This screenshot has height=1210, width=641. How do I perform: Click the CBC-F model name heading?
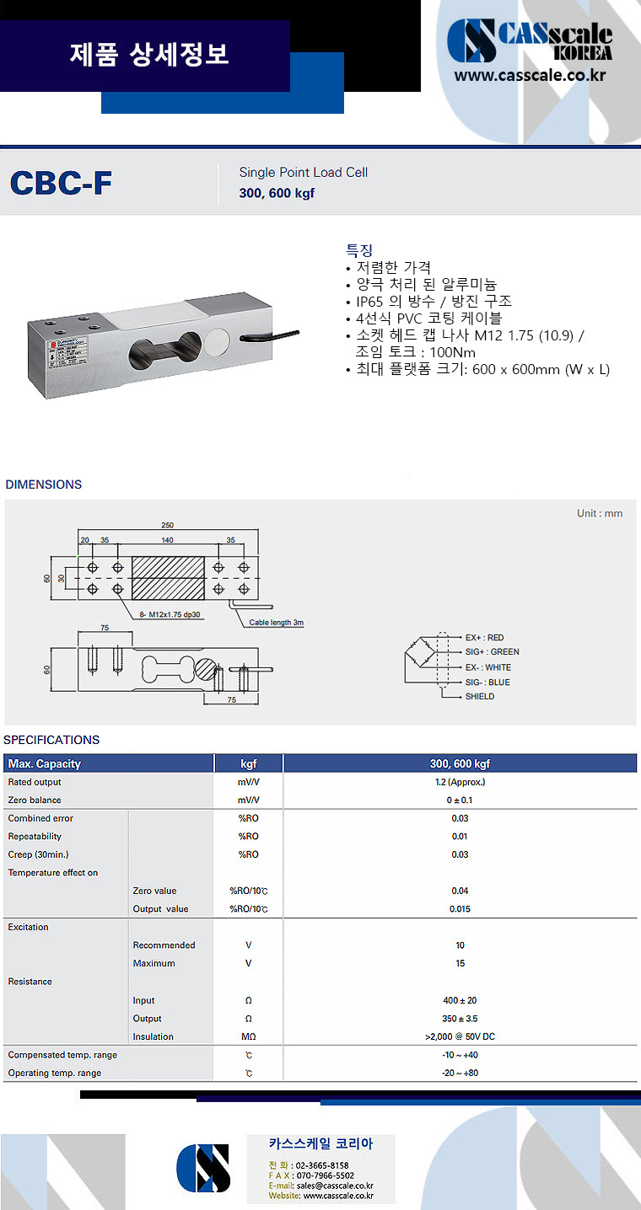coord(61,183)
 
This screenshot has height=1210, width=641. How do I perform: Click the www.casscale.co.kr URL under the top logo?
coord(531,75)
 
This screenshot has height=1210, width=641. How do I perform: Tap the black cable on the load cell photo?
coord(271,337)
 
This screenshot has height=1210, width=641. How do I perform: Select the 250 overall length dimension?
coord(167,525)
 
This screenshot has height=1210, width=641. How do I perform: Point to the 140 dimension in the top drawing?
coord(167,540)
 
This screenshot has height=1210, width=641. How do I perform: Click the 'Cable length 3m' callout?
coord(277,623)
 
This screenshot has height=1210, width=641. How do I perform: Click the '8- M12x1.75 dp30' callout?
coord(172,614)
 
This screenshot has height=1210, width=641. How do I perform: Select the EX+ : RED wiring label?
coord(484,638)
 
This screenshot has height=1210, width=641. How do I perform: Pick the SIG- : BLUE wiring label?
coord(487,683)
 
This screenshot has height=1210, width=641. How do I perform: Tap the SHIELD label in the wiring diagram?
coord(480,697)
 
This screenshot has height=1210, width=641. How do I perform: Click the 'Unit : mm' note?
coord(600,513)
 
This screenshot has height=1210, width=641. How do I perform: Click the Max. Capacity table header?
coord(45,764)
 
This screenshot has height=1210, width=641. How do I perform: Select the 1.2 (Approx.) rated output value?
coord(460,782)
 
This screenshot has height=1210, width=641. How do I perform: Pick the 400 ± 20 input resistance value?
coord(460,1000)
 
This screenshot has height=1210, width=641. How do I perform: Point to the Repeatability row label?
coord(35,837)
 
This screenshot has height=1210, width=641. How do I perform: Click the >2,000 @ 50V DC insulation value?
coord(460,1036)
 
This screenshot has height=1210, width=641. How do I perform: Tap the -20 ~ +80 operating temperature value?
coord(460,1073)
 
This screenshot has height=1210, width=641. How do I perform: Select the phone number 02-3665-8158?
coord(322,1165)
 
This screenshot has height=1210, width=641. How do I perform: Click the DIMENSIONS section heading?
coord(44,485)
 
